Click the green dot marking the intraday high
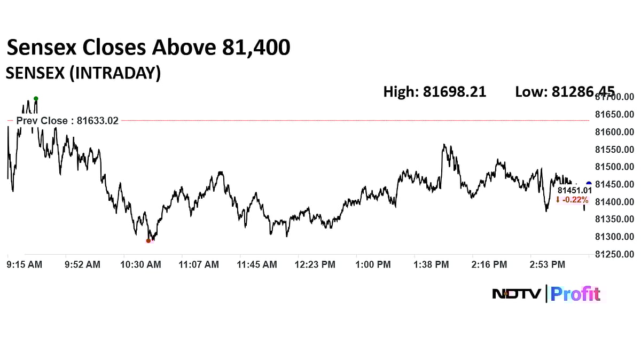click(36, 99)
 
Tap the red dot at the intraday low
click(148, 241)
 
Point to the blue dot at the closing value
click(589, 184)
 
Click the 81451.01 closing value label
click(574, 190)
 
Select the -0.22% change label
click(572, 200)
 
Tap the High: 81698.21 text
click(434, 92)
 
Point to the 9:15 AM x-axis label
click(24, 264)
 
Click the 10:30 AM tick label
click(141, 264)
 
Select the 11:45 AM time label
click(257, 264)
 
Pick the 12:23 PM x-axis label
click(315, 264)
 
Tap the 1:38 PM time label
click(432, 264)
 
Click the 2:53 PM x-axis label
click(548, 264)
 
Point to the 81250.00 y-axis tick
click(614, 254)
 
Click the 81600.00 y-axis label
click(614, 132)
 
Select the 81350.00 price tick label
click(614, 219)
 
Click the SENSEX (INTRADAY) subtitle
click(83, 73)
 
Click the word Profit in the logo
click(576, 294)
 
